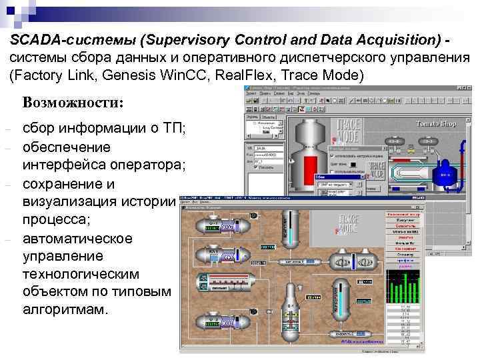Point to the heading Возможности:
[x=73, y=103]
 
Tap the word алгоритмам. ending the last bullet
[x=64, y=310]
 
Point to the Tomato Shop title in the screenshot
[x=435, y=124]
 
